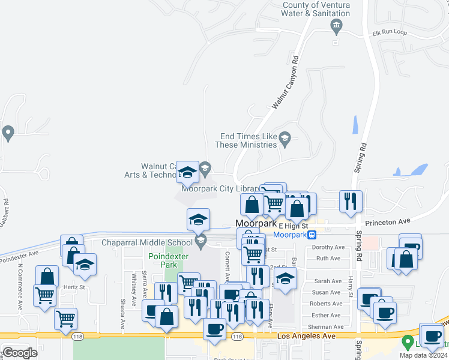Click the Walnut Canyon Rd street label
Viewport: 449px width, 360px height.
pyautogui.click(x=285, y=82)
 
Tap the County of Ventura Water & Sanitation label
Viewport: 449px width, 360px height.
pyautogui.click(x=316, y=9)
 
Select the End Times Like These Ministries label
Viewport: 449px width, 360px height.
pyautogui.click(x=247, y=140)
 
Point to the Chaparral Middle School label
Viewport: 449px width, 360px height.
pyautogui.click(x=146, y=242)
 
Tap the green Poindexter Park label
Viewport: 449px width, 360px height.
pyautogui.click(x=163, y=260)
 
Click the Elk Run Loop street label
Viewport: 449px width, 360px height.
pyautogui.click(x=389, y=32)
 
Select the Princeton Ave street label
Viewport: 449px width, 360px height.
pyautogui.click(x=389, y=222)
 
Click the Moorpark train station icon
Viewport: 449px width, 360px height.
pyautogui.click(x=312, y=235)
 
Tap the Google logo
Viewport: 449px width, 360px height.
pyautogui.click(x=20, y=353)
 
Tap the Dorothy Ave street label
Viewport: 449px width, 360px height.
pyautogui.click(x=328, y=247)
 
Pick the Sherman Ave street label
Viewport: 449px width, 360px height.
pyautogui.click(x=327, y=327)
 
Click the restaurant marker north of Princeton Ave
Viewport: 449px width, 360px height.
pyautogui.click(x=349, y=201)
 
